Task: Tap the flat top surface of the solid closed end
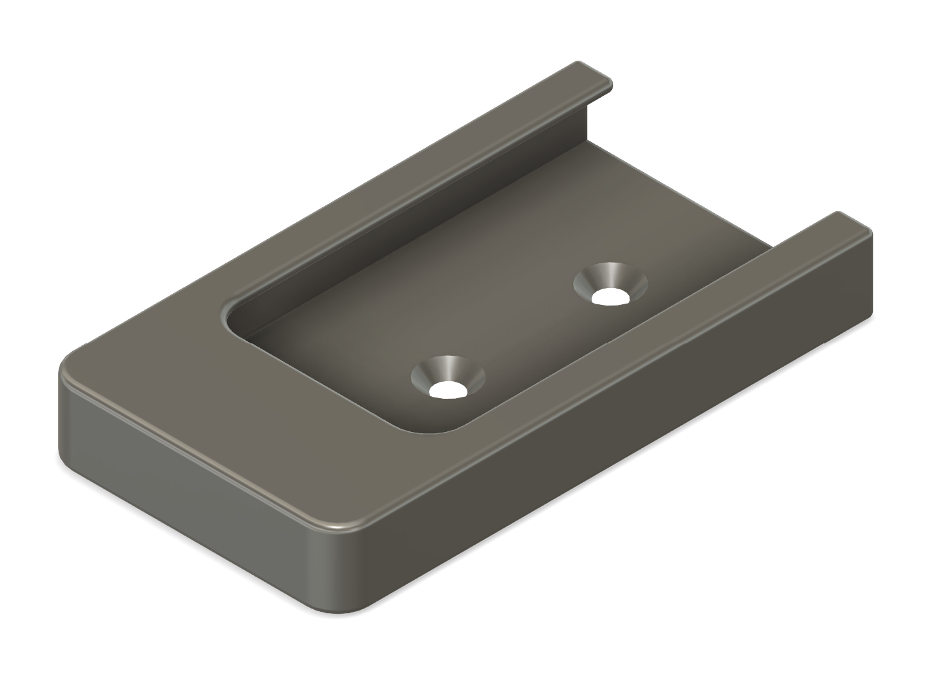215,404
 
